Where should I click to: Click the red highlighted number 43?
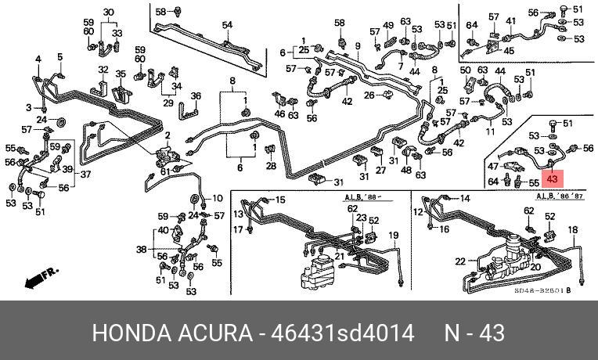tap(553, 178)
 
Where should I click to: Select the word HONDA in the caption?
tap(128, 333)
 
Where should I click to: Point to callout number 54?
tap(227, 26)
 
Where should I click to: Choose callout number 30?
tap(108, 12)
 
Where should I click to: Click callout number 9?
tap(357, 46)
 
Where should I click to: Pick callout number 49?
tap(388, 26)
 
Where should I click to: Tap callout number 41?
tap(510, 21)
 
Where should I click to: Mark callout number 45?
tap(509, 51)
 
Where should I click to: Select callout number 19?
tap(394, 236)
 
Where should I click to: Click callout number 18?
tap(572, 229)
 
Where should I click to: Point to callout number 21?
tap(340, 256)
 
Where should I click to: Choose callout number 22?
tap(461, 261)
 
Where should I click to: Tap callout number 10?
tap(218, 197)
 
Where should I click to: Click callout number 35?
tap(121, 74)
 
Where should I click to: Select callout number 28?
tap(271, 166)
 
